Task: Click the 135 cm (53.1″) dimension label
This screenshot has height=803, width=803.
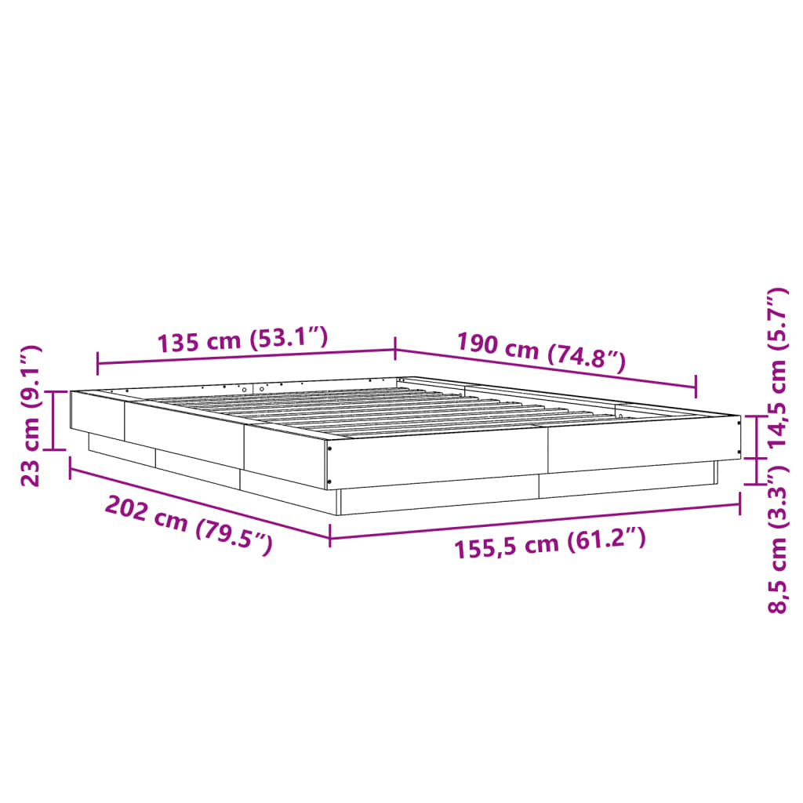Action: click(x=242, y=341)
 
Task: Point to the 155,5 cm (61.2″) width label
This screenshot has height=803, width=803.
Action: click(x=550, y=543)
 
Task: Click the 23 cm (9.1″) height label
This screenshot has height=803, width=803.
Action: click(x=31, y=416)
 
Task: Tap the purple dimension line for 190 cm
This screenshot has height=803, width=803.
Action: click(x=545, y=369)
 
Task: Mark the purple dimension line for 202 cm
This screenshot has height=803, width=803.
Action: click(x=200, y=503)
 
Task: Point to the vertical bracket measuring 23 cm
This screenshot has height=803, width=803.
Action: click(x=53, y=420)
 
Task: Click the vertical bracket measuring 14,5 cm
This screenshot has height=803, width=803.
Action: click(x=756, y=438)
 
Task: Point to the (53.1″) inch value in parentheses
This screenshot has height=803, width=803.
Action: click(x=288, y=338)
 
